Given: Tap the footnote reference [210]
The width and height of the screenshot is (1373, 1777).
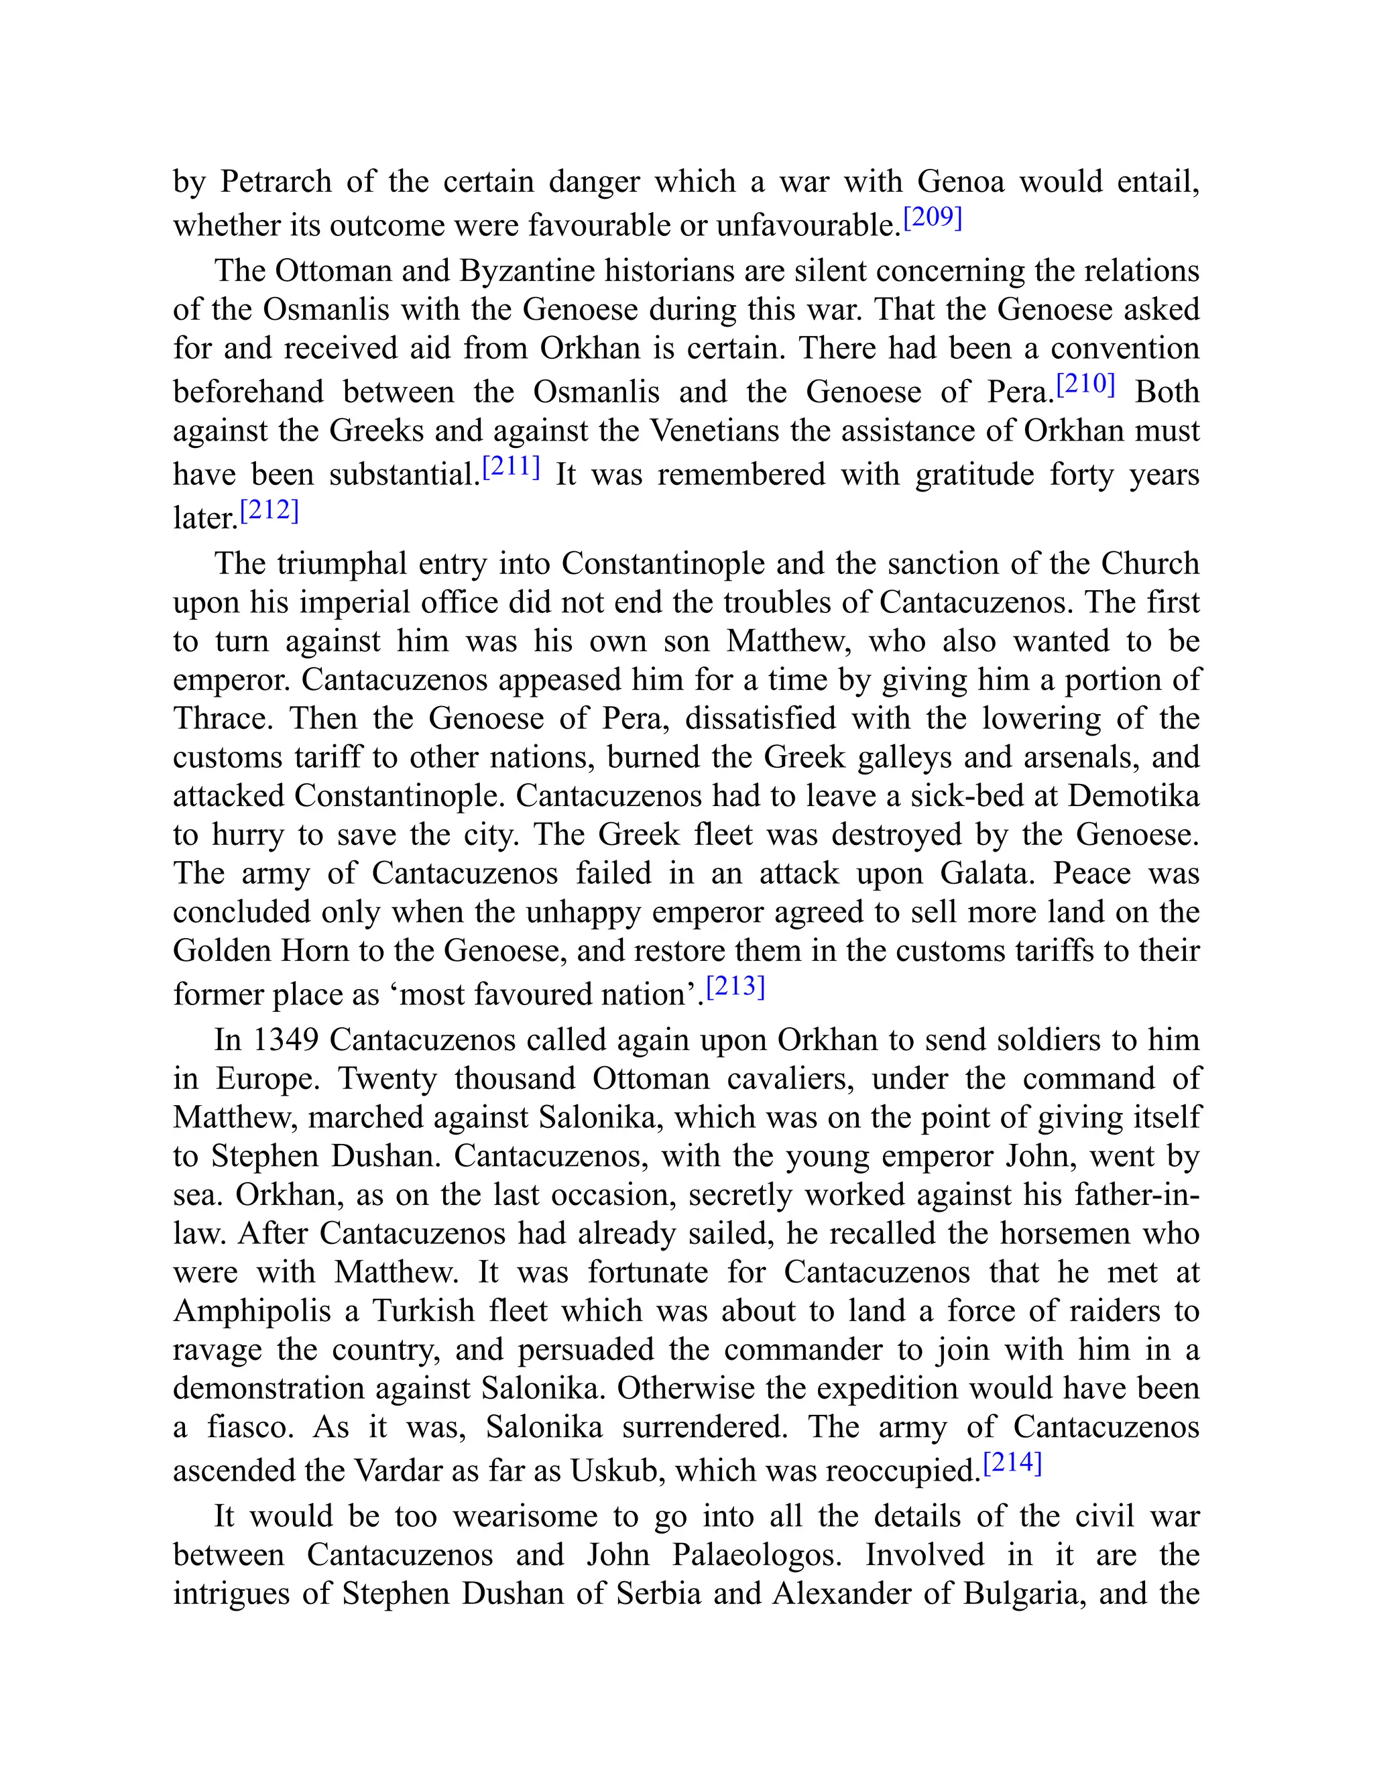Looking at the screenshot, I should (x=1085, y=384).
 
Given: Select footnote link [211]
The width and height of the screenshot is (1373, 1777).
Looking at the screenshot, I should (x=512, y=467).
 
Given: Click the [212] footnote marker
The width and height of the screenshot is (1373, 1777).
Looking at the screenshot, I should (x=270, y=511).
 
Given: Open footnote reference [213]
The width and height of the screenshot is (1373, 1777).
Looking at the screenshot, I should (x=735, y=987).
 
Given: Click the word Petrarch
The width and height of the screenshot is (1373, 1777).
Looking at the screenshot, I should (x=276, y=182).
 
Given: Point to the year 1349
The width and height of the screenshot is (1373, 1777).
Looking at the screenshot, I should (x=286, y=1040).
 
